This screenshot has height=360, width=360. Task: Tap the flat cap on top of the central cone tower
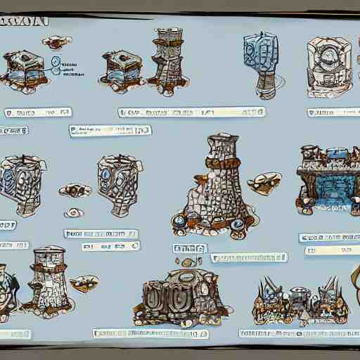(x=224, y=139)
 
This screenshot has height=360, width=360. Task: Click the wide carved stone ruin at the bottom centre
(x=181, y=296)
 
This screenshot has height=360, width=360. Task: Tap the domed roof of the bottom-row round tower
(x=49, y=251)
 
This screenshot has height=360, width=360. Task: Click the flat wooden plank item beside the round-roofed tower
(x=84, y=283)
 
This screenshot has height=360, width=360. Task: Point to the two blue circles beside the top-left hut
(x=56, y=65)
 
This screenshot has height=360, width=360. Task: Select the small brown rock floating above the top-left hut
(x=56, y=41)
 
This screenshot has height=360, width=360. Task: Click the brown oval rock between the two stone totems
(x=75, y=191)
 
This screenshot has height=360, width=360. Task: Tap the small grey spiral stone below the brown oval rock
(x=72, y=212)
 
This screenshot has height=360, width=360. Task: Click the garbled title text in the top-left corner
(x=25, y=20)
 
